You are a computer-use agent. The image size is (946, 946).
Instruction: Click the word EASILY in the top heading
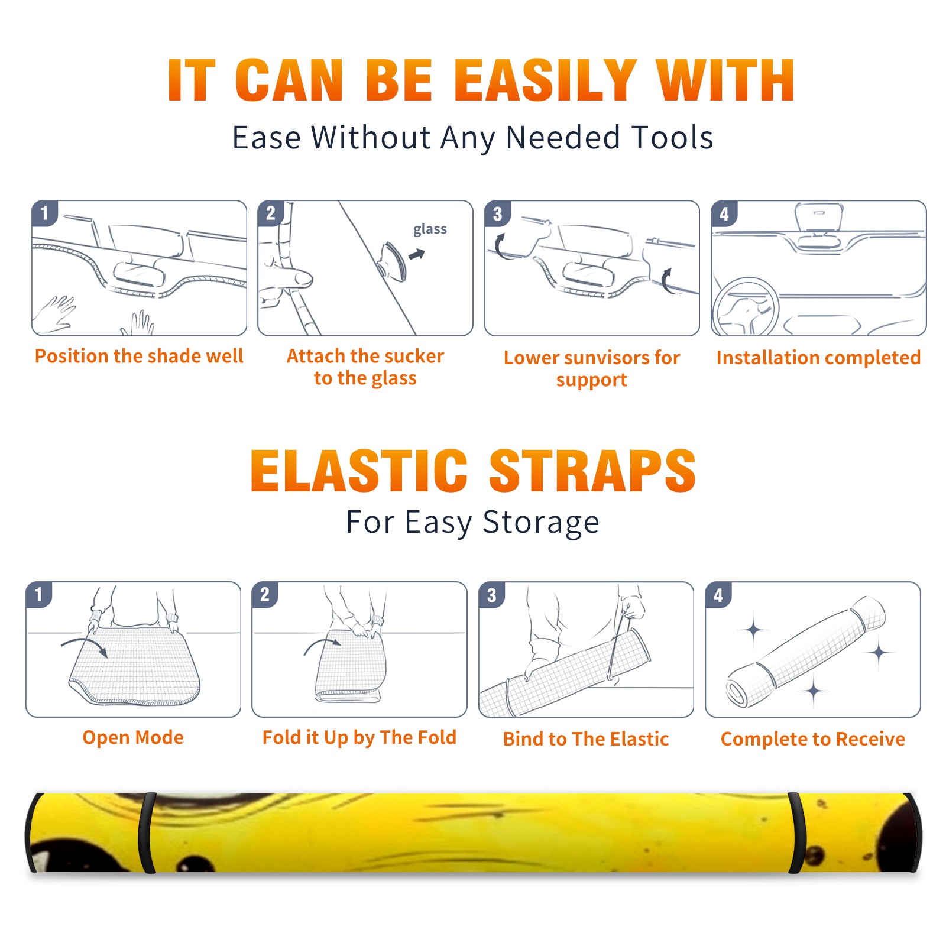545,80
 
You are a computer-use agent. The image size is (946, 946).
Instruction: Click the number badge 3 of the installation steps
497,213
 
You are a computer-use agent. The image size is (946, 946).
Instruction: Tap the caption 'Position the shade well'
139,356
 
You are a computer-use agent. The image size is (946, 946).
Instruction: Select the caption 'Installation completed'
818,358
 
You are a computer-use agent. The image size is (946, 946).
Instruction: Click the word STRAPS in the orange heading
592,471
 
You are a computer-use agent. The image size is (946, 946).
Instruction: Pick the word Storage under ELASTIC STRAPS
541,523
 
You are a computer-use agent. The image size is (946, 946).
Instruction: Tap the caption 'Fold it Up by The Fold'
359,737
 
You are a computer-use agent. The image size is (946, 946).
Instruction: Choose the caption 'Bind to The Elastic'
586,739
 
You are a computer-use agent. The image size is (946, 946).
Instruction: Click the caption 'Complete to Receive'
813,739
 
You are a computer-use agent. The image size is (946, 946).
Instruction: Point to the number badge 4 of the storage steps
718,595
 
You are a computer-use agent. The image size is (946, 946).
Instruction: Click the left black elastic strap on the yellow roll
147,832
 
